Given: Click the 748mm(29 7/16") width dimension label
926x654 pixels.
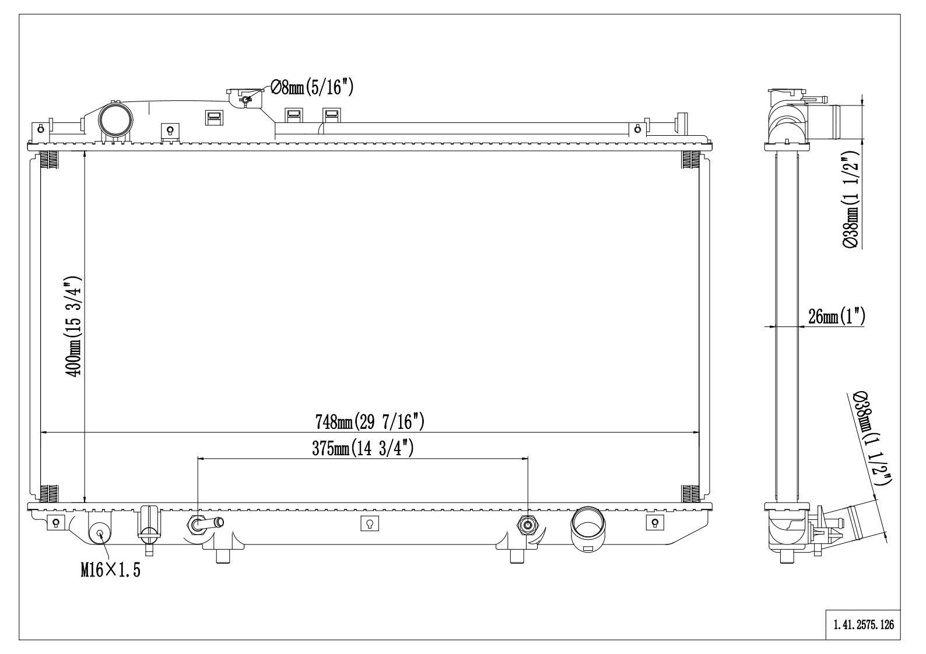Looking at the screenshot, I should coord(370,421).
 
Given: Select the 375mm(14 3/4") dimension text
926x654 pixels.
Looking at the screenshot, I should coord(363,448).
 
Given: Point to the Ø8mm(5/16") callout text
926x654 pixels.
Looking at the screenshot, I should coord(311,87).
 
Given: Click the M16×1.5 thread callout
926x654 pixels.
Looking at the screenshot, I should coord(110,570).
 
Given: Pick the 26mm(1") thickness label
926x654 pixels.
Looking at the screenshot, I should coord(836,317).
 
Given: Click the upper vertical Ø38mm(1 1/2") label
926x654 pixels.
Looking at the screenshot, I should coord(852,200).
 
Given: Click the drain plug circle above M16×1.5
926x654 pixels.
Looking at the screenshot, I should coord(100,532).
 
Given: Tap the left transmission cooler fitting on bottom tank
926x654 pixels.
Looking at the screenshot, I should coord(198,525).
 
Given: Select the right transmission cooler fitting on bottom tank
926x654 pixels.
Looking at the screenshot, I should coord(528,525).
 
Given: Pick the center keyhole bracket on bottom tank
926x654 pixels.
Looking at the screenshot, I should coord(369,523).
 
